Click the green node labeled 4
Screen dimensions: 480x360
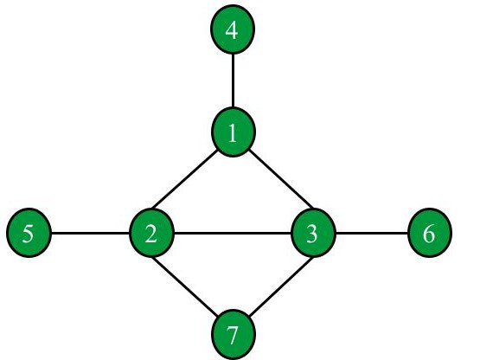point(233,29)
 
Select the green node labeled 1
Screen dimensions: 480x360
point(234,132)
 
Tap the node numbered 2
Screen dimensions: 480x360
point(152,233)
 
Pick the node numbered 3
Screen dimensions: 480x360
point(313,233)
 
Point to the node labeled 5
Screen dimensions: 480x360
point(29,233)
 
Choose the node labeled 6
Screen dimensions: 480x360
point(430,233)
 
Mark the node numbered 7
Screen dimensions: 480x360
point(234,335)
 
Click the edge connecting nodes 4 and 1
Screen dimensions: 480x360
point(233,80)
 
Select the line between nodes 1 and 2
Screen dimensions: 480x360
point(184,179)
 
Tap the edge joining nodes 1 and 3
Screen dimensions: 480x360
point(281,179)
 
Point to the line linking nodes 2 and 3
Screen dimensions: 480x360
point(233,234)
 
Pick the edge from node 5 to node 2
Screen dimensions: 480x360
point(90,234)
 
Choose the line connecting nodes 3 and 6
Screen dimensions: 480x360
point(372,234)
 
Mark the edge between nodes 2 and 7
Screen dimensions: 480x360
point(185,286)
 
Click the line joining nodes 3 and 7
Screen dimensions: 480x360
point(281,286)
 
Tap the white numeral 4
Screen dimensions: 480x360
point(232,30)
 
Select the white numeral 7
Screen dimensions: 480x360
point(233,336)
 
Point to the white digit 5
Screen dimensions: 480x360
point(28,234)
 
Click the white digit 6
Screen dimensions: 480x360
point(429,234)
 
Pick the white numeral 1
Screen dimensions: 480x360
point(233,133)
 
